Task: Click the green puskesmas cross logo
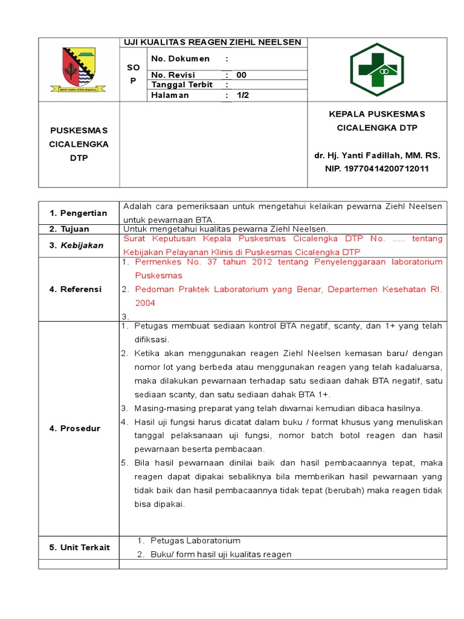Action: pos(377,70)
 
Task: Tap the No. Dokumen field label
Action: pos(180,59)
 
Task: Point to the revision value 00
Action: pos(241,75)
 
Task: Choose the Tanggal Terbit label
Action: pos(182,85)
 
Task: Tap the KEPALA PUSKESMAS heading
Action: pos(377,114)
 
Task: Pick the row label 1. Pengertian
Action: pos(79,213)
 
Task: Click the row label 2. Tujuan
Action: pos(69,229)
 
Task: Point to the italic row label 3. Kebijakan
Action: pos(77,245)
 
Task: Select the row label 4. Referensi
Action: pos(76,289)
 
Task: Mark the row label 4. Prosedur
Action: pos(75,429)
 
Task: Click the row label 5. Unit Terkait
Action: pos(80,547)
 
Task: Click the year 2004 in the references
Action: pos(145,302)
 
